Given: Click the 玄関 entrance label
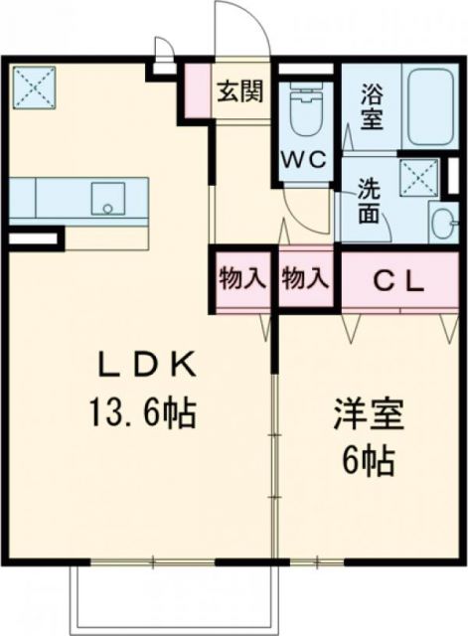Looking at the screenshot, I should tap(240, 92).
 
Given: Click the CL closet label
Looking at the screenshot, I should tap(398, 280).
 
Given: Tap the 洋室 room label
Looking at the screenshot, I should tap(369, 413).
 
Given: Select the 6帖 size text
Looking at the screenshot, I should tap(369, 459).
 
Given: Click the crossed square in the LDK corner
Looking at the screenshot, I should tap(33, 86).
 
